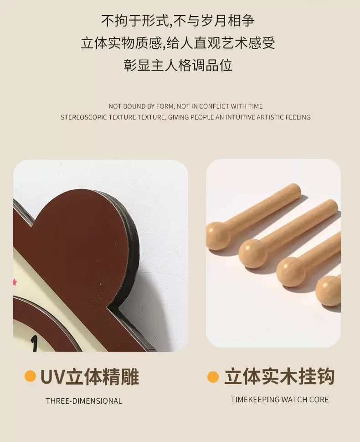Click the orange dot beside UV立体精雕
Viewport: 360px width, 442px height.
point(30,376)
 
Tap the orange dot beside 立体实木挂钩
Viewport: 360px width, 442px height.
point(213,377)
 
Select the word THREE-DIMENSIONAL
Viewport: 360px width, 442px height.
point(84,401)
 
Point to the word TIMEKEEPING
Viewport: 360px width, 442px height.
point(255,400)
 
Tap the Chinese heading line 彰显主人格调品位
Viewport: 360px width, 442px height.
point(178,65)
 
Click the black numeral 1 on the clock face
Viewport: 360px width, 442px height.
point(34,343)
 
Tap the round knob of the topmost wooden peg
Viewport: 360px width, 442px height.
point(219,236)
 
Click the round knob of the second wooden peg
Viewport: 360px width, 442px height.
point(253,254)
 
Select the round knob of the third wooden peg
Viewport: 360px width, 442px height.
point(291,272)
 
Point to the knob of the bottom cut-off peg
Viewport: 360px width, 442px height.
point(328,291)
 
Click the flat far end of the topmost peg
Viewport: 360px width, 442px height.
point(295,190)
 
